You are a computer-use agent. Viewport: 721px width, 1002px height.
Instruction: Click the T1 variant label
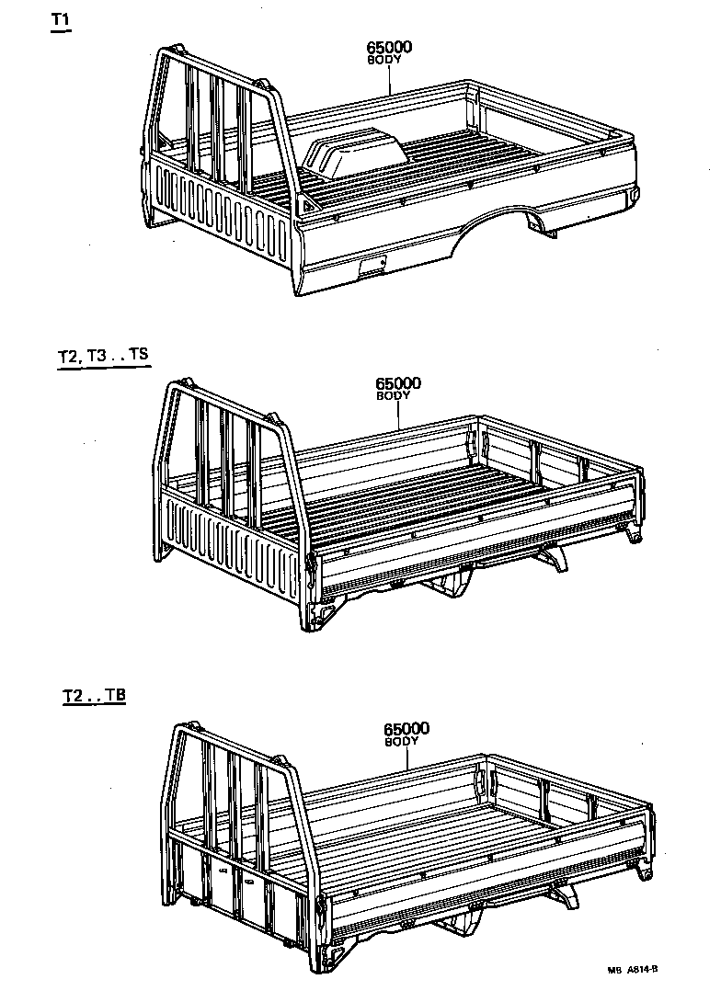pyautogui.click(x=61, y=20)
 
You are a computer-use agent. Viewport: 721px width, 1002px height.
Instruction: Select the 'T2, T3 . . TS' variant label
pyautogui.click(x=101, y=356)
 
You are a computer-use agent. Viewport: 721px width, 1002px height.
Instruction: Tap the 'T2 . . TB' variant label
pyautogui.click(x=94, y=695)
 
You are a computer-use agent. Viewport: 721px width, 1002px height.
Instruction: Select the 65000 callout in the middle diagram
pyautogui.click(x=397, y=383)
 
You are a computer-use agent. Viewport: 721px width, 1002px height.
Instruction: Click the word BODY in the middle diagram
pyautogui.click(x=395, y=395)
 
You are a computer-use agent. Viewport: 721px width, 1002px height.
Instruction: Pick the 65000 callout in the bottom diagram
pyautogui.click(x=406, y=729)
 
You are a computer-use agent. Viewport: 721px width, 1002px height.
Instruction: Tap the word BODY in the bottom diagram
pyautogui.click(x=403, y=741)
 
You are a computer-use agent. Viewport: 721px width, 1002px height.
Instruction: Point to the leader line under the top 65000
pyautogui.click(x=389, y=80)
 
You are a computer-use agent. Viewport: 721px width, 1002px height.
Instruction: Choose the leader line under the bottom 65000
pyautogui.click(x=406, y=759)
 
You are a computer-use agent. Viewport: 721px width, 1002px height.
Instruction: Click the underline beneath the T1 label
pyautogui.click(x=61, y=31)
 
